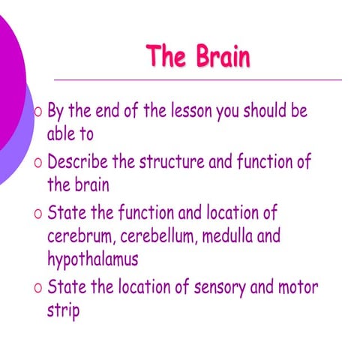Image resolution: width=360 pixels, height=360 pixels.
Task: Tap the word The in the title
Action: (x=166, y=56)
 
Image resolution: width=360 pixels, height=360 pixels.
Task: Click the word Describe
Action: (x=79, y=162)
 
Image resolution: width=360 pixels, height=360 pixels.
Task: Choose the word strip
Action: (x=63, y=310)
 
